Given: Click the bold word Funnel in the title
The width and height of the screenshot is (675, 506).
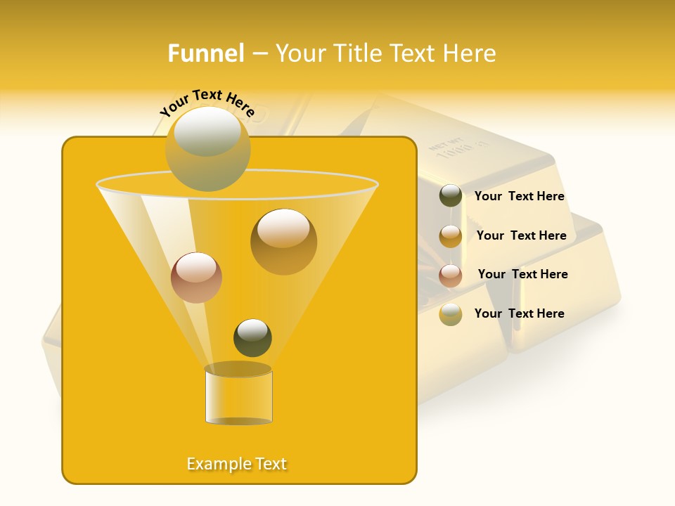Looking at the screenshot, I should [x=206, y=53].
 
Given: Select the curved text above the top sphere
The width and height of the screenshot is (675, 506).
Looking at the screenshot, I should [x=207, y=102].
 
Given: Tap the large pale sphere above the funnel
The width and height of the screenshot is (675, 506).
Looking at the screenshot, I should [x=207, y=148].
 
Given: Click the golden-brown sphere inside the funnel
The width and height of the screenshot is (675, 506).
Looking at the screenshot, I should [x=283, y=241].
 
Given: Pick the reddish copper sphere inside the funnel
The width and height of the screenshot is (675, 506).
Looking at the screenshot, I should [x=196, y=278].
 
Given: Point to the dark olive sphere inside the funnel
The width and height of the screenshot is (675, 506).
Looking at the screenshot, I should [x=252, y=338].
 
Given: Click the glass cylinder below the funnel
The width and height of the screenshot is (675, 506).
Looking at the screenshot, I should [x=238, y=397].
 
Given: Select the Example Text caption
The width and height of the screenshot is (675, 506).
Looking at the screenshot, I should [x=237, y=464].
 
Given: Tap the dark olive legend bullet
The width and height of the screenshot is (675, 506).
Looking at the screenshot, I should [x=451, y=196].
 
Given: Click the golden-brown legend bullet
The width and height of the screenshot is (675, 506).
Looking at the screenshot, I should [x=451, y=236].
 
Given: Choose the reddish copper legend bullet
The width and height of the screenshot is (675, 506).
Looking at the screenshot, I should [x=451, y=275].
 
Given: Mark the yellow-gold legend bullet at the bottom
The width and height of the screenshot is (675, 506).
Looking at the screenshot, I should [x=451, y=314].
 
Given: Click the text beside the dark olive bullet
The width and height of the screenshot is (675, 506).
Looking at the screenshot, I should [x=519, y=196].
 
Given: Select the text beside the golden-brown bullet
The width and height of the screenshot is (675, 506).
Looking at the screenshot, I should [x=521, y=235].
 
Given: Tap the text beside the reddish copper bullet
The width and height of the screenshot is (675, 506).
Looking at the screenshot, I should [x=522, y=274].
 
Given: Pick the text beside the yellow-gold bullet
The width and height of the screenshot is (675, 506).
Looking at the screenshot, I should [x=519, y=313].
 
